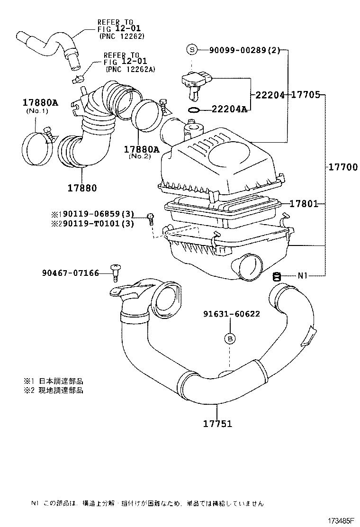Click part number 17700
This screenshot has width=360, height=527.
[x=341, y=167]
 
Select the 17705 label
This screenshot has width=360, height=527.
[x=305, y=95]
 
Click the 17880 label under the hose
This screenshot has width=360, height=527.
[x=81, y=188]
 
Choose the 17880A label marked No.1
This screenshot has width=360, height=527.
[x=40, y=102]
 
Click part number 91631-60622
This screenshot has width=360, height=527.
[x=232, y=314]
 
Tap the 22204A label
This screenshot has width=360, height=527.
[x=229, y=109]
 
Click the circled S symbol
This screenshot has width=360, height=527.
[x=191, y=50]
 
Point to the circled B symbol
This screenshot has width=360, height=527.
[x=230, y=338]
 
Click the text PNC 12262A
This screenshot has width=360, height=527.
[x=131, y=70]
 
